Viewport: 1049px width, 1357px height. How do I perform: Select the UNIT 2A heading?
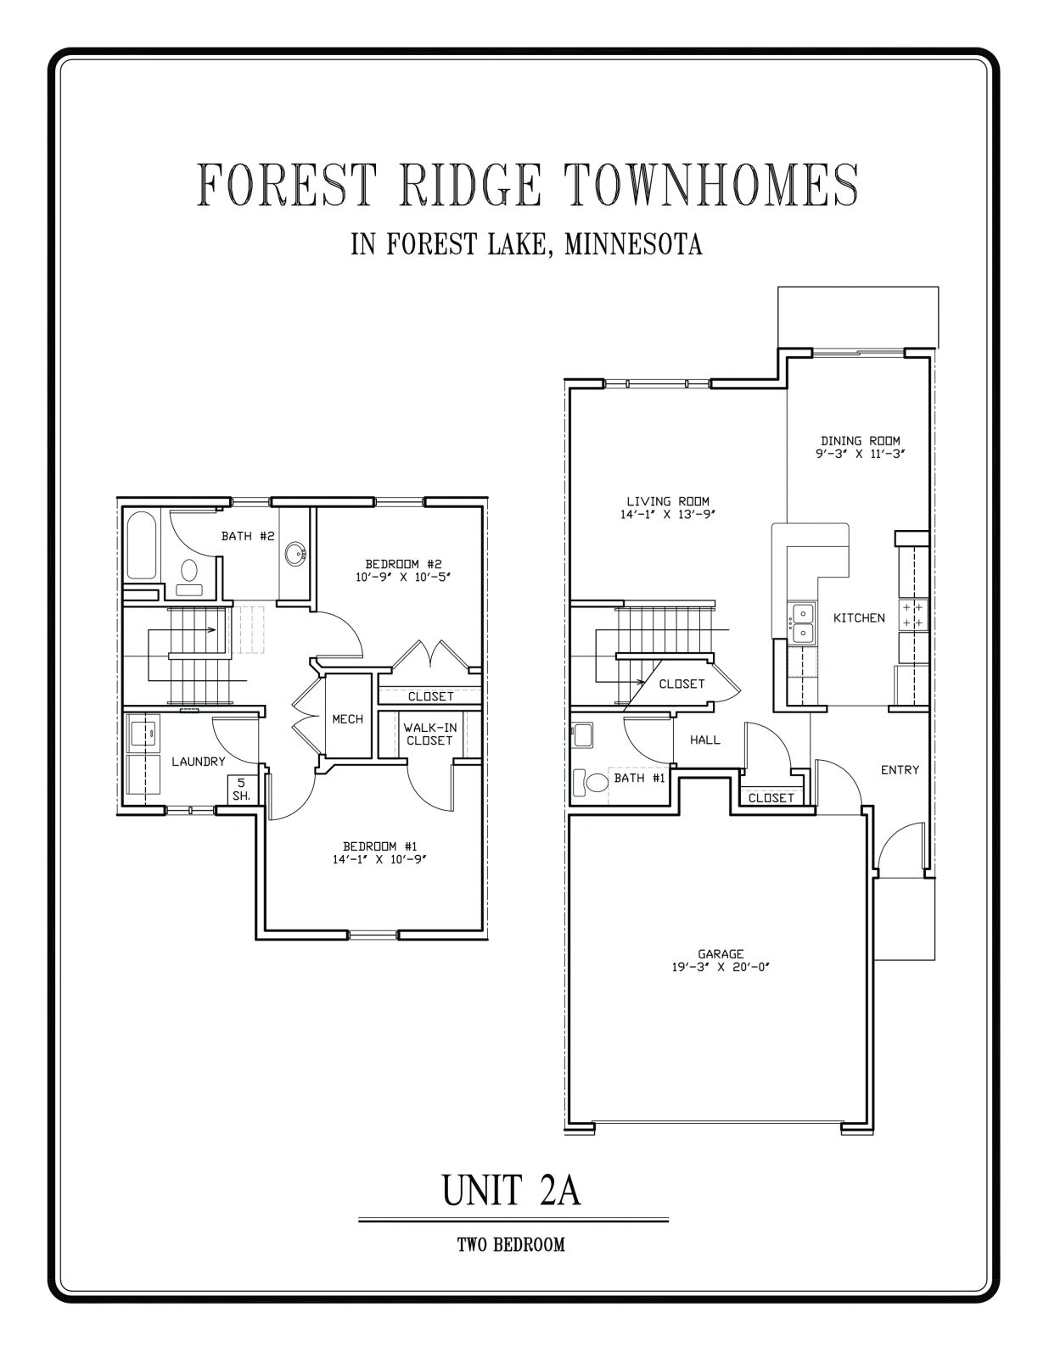[x=511, y=1190]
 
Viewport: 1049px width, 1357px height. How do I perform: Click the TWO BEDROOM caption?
[x=511, y=1245]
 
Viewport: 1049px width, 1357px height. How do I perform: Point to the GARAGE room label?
[x=721, y=953]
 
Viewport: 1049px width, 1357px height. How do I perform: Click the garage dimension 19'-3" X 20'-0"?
[x=721, y=967]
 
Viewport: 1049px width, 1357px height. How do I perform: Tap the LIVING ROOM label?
[x=667, y=501]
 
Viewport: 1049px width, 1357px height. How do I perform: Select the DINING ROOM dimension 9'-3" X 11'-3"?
[x=860, y=454]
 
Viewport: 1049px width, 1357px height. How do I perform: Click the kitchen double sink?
[x=801, y=623]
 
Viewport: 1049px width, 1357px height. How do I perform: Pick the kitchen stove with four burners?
[x=913, y=615]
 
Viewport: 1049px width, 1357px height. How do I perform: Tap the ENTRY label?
[x=900, y=770]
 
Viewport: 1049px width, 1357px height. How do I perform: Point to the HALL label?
[x=704, y=740]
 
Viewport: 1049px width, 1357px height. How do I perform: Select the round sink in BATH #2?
[x=295, y=555]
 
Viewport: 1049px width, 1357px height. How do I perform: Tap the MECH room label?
[x=347, y=719]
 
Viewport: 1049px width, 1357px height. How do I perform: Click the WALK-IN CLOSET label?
[x=429, y=734]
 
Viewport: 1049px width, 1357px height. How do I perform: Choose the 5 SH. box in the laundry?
[x=241, y=790]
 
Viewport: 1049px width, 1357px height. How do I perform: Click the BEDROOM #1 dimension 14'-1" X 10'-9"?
[x=380, y=859]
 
